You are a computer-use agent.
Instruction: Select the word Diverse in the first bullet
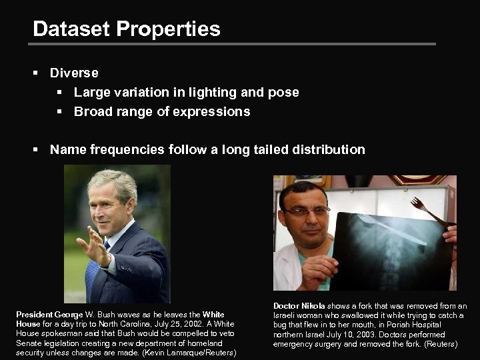click(x=74, y=73)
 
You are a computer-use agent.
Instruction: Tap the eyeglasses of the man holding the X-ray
click(x=307, y=211)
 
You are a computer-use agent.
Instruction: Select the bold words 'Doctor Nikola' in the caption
click(x=299, y=306)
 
